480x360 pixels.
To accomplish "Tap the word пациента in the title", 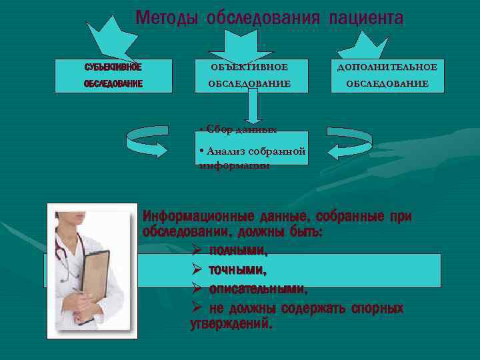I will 365,18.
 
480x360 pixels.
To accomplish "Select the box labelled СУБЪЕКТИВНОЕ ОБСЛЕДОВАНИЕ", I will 113,75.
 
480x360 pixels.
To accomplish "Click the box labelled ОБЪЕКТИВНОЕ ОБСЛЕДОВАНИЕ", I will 249,75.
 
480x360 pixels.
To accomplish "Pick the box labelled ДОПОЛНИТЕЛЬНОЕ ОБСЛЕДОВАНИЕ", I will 387,75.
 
